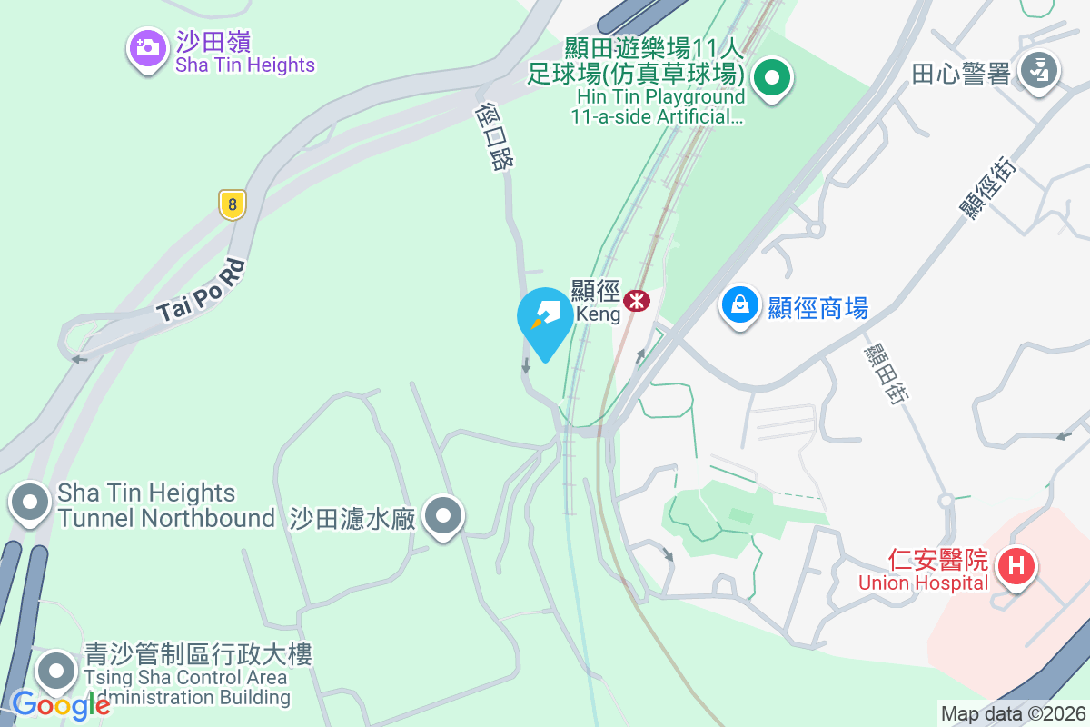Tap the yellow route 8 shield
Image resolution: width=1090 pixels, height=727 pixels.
pos(233,204)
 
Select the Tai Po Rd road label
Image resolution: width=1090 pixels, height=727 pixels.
pos(202,291)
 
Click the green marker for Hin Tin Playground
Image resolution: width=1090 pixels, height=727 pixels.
pos(772,78)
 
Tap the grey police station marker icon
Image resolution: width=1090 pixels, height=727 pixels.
pos(1038,71)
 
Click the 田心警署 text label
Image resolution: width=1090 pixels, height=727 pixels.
pos(961,75)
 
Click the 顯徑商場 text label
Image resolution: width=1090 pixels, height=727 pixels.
pos(818,308)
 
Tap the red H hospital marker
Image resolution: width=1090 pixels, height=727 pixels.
pos(1016,566)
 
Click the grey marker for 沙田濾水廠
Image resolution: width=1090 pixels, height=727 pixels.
pos(442,516)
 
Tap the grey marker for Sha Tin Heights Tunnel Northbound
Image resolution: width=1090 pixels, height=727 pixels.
pos(30,503)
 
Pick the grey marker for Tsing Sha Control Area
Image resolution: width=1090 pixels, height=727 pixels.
pos(57,672)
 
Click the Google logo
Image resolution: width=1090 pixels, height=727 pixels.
pos(61,704)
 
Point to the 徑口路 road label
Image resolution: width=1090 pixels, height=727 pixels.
pos(495,136)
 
